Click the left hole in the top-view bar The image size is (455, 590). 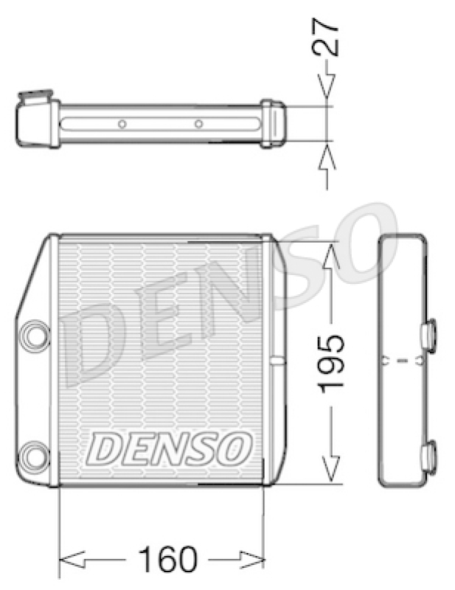click(x=122, y=124)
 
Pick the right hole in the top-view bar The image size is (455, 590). click(x=198, y=124)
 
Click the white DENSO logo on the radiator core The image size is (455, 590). click(x=170, y=448)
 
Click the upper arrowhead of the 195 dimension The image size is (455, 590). click(x=331, y=255)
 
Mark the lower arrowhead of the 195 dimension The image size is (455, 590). click(x=331, y=468)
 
